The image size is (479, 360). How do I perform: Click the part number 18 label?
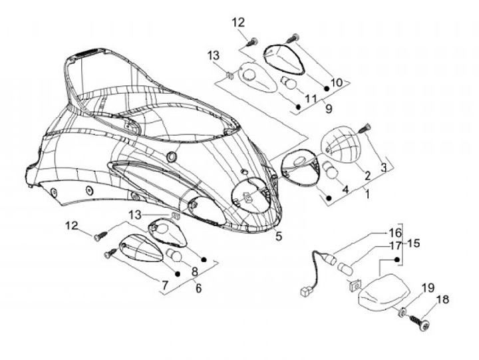click(443, 299)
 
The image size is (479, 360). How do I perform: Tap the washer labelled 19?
click(403, 311)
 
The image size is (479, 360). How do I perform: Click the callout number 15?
click(413, 244)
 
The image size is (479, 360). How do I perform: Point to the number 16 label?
click(396, 233)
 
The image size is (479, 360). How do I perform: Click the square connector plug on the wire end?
click(305, 292)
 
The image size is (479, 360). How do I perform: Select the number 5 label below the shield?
click(279, 236)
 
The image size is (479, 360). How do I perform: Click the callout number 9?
click(329, 108)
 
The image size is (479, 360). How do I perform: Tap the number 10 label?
click(337, 83)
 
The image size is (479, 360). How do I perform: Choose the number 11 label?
click(311, 98)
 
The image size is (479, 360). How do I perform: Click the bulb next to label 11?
click(288, 83)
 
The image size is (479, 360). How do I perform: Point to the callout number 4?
click(345, 189)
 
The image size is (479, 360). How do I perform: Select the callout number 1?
click(367, 194)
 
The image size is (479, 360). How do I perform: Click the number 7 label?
click(165, 285)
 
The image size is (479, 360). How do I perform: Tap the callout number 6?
click(198, 288)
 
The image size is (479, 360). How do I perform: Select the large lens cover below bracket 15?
click(384, 293)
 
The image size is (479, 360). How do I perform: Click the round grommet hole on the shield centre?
click(171, 156)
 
